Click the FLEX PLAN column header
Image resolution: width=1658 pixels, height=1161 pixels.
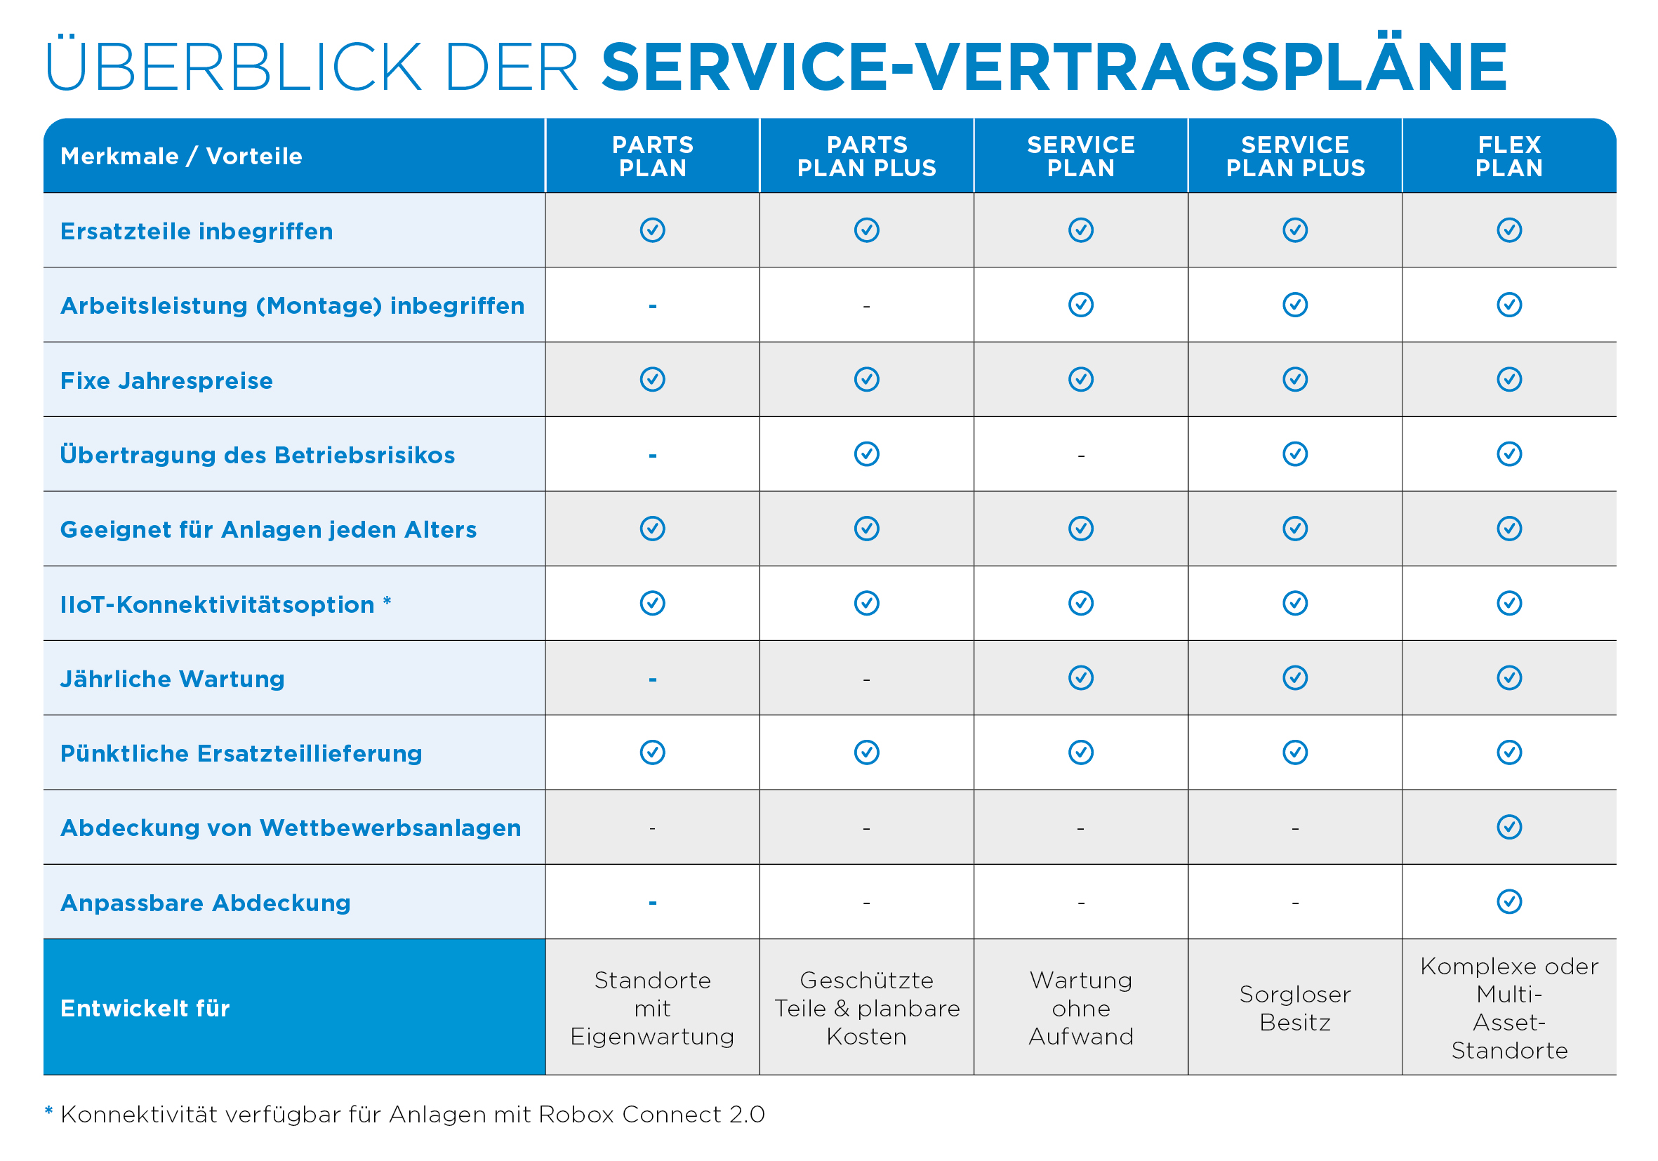point(1508,156)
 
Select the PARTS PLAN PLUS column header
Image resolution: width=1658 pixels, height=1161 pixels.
point(866,156)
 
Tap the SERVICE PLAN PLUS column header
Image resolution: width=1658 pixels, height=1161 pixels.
point(1295,156)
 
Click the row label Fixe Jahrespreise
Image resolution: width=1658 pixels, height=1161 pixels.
point(166,380)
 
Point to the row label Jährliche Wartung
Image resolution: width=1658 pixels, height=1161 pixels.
point(172,679)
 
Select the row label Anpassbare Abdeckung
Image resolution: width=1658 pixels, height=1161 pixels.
point(205,903)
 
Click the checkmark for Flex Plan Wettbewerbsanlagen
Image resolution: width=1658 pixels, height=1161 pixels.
point(1508,827)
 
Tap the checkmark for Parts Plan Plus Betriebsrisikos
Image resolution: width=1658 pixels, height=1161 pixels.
point(866,454)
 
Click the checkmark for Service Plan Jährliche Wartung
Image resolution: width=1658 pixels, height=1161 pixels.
point(1080,678)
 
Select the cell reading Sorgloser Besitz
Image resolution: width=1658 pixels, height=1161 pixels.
point(1295,1008)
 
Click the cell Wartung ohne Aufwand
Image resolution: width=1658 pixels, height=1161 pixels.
point(1080,1008)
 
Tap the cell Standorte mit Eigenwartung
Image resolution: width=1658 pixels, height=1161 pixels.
point(652,1008)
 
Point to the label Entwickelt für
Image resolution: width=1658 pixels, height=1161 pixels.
point(145,1008)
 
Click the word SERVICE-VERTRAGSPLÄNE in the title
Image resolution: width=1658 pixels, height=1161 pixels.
point(1054,67)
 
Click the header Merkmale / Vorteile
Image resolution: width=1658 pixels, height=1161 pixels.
point(181,156)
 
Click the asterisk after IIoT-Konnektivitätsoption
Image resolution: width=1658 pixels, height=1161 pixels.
point(387,600)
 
